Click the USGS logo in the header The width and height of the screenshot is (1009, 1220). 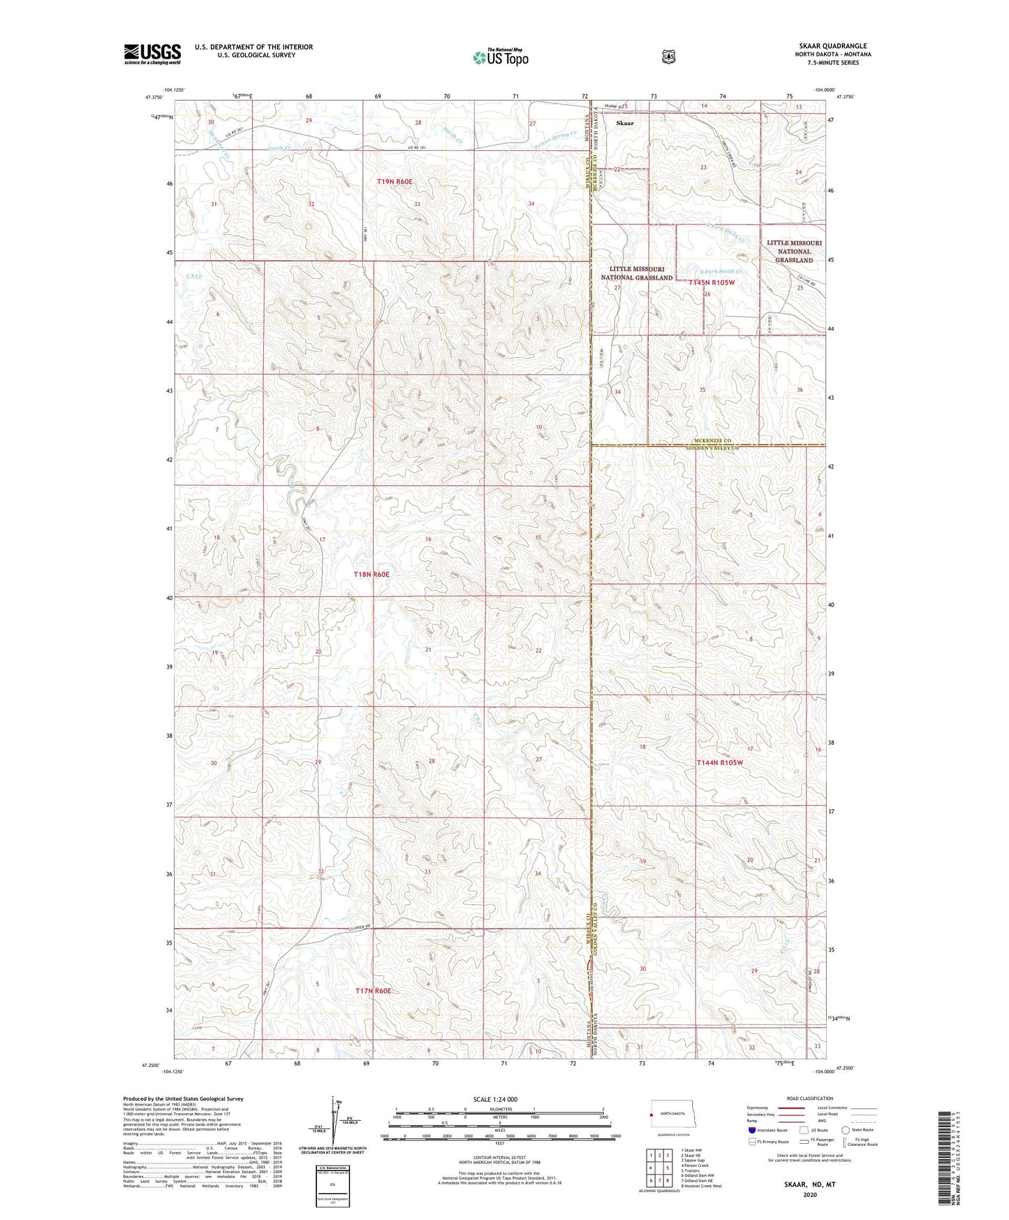point(152,54)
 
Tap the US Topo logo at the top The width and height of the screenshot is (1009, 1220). point(500,57)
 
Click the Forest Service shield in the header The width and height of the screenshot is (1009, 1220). point(668,57)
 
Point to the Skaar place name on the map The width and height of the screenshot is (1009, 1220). point(625,123)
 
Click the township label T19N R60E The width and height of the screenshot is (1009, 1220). point(395,182)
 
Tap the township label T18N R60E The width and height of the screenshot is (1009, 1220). point(371,574)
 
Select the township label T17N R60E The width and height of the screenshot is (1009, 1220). point(373,991)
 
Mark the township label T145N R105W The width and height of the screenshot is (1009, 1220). point(712,282)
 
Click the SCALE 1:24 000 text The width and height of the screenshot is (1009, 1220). point(495,1099)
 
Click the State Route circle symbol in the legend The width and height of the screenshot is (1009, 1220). point(846,1130)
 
